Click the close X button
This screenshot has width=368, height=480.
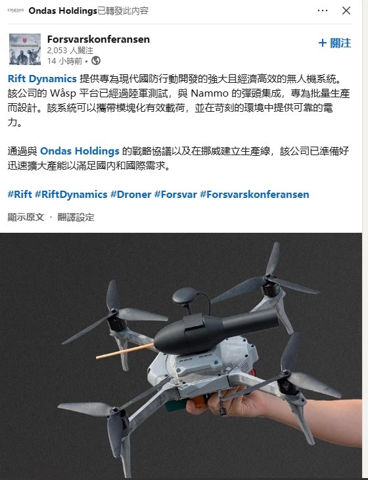point(346,11)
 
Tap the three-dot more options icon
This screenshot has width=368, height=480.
point(323,11)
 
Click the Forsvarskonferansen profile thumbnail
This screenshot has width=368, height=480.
point(25,49)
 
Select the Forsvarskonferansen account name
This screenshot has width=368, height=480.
point(99,39)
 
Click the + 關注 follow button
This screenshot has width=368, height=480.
point(334,43)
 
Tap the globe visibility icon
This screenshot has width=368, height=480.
point(96,60)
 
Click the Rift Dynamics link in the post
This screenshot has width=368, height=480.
point(42,79)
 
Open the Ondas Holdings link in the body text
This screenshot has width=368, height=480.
point(80,151)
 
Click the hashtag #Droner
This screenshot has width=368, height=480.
point(131,195)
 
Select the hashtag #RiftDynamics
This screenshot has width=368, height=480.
point(71,195)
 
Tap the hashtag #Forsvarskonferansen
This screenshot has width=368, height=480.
point(254,195)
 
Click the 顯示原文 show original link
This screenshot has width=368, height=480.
point(26,218)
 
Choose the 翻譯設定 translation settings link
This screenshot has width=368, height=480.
point(76,218)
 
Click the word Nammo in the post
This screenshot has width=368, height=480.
point(210,93)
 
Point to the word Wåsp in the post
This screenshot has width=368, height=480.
point(62,93)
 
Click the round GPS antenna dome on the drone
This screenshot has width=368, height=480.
point(185,296)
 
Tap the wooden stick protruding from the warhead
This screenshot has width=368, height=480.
point(125,351)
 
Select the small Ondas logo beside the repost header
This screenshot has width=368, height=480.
point(16,11)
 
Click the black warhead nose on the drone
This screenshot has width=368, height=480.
point(168,338)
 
